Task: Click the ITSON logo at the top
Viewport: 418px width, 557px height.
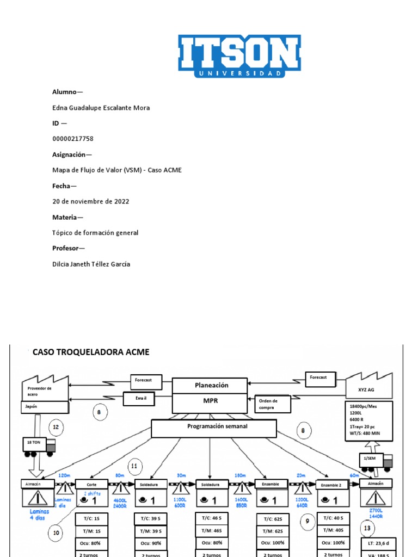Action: click(239, 57)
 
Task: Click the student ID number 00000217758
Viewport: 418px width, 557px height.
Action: click(73, 139)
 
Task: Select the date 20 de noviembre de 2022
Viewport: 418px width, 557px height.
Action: click(91, 201)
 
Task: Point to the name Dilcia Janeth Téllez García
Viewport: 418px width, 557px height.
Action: click(91, 264)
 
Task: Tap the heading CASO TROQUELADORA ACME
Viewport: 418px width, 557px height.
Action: click(91, 352)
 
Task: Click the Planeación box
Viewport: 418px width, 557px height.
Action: click(210, 385)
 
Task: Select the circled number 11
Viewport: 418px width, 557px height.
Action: click(135, 466)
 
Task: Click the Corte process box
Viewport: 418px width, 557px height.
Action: click(91, 484)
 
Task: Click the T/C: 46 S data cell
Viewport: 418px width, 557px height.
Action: click(211, 518)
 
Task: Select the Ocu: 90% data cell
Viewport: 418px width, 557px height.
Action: click(150, 543)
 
